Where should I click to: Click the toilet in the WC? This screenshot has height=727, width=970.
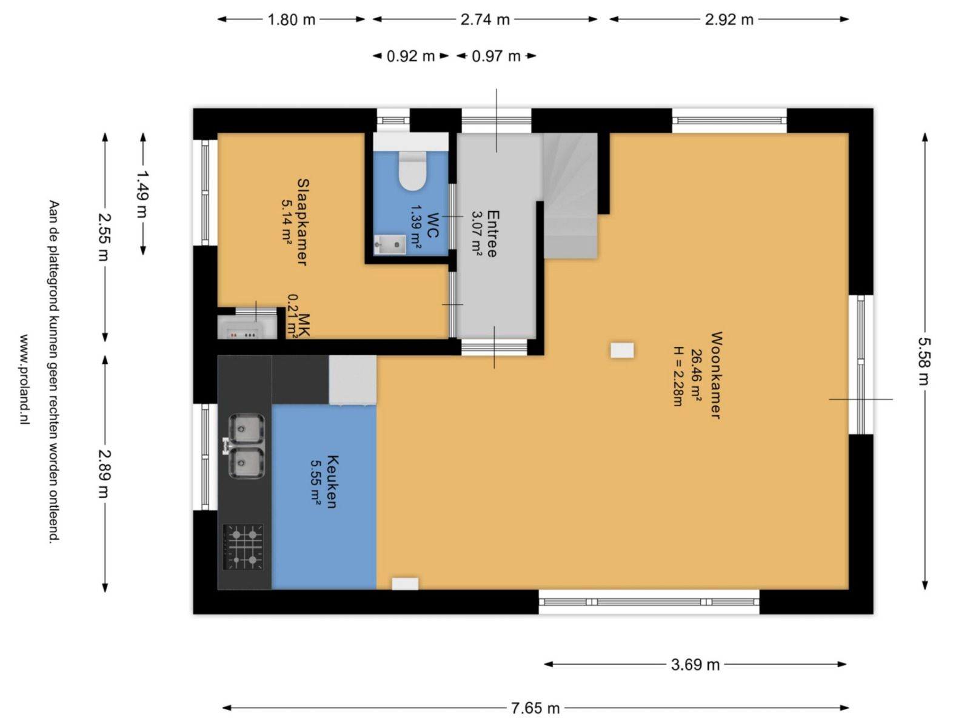click(412, 171)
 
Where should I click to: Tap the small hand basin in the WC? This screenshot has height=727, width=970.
click(390, 244)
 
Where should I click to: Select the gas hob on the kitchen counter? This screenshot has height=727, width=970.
click(242, 547)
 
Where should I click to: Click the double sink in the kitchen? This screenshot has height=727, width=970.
click(246, 446)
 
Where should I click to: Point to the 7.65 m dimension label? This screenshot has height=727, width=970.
click(535, 708)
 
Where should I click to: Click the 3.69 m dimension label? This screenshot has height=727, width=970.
click(695, 665)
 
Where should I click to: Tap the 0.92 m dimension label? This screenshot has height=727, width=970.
click(410, 56)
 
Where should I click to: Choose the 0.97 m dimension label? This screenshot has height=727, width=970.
click(496, 56)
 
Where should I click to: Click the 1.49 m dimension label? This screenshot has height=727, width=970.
click(142, 195)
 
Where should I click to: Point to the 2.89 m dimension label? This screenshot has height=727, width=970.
click(104, 474)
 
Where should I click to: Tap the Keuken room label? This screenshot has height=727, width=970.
click(332, 481)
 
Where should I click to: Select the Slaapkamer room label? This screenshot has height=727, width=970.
click(303, 222)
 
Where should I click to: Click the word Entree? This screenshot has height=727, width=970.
click(492, 234)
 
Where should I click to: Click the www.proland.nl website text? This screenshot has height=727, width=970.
click(25, 379)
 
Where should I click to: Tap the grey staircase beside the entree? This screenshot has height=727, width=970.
click(570, 195)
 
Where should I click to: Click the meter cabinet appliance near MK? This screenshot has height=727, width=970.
click(246, 327)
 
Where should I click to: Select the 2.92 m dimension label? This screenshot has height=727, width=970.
click(729, 19)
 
